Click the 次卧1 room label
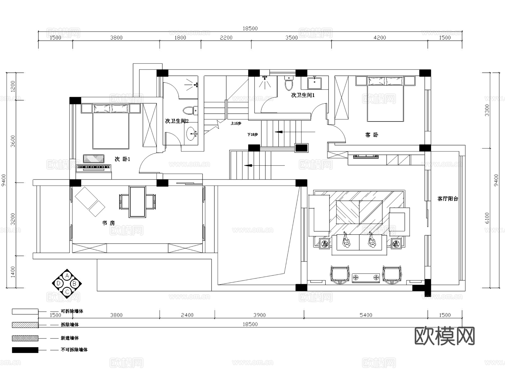coord(122,159)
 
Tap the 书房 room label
coord(108,223)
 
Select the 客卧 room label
coord(371,135)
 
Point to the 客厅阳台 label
coord(448,199)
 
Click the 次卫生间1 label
coord(303,95)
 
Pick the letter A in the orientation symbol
coord(67,276)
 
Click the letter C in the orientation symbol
coord(67,292)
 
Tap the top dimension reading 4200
coord(380,38)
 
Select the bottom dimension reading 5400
coord(366,315)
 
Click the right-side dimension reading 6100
coord(487,218)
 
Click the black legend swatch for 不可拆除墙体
coord(25,350)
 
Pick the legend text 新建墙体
coord(70,338)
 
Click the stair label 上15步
coord(236,123)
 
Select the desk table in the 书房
coord(137,201)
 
